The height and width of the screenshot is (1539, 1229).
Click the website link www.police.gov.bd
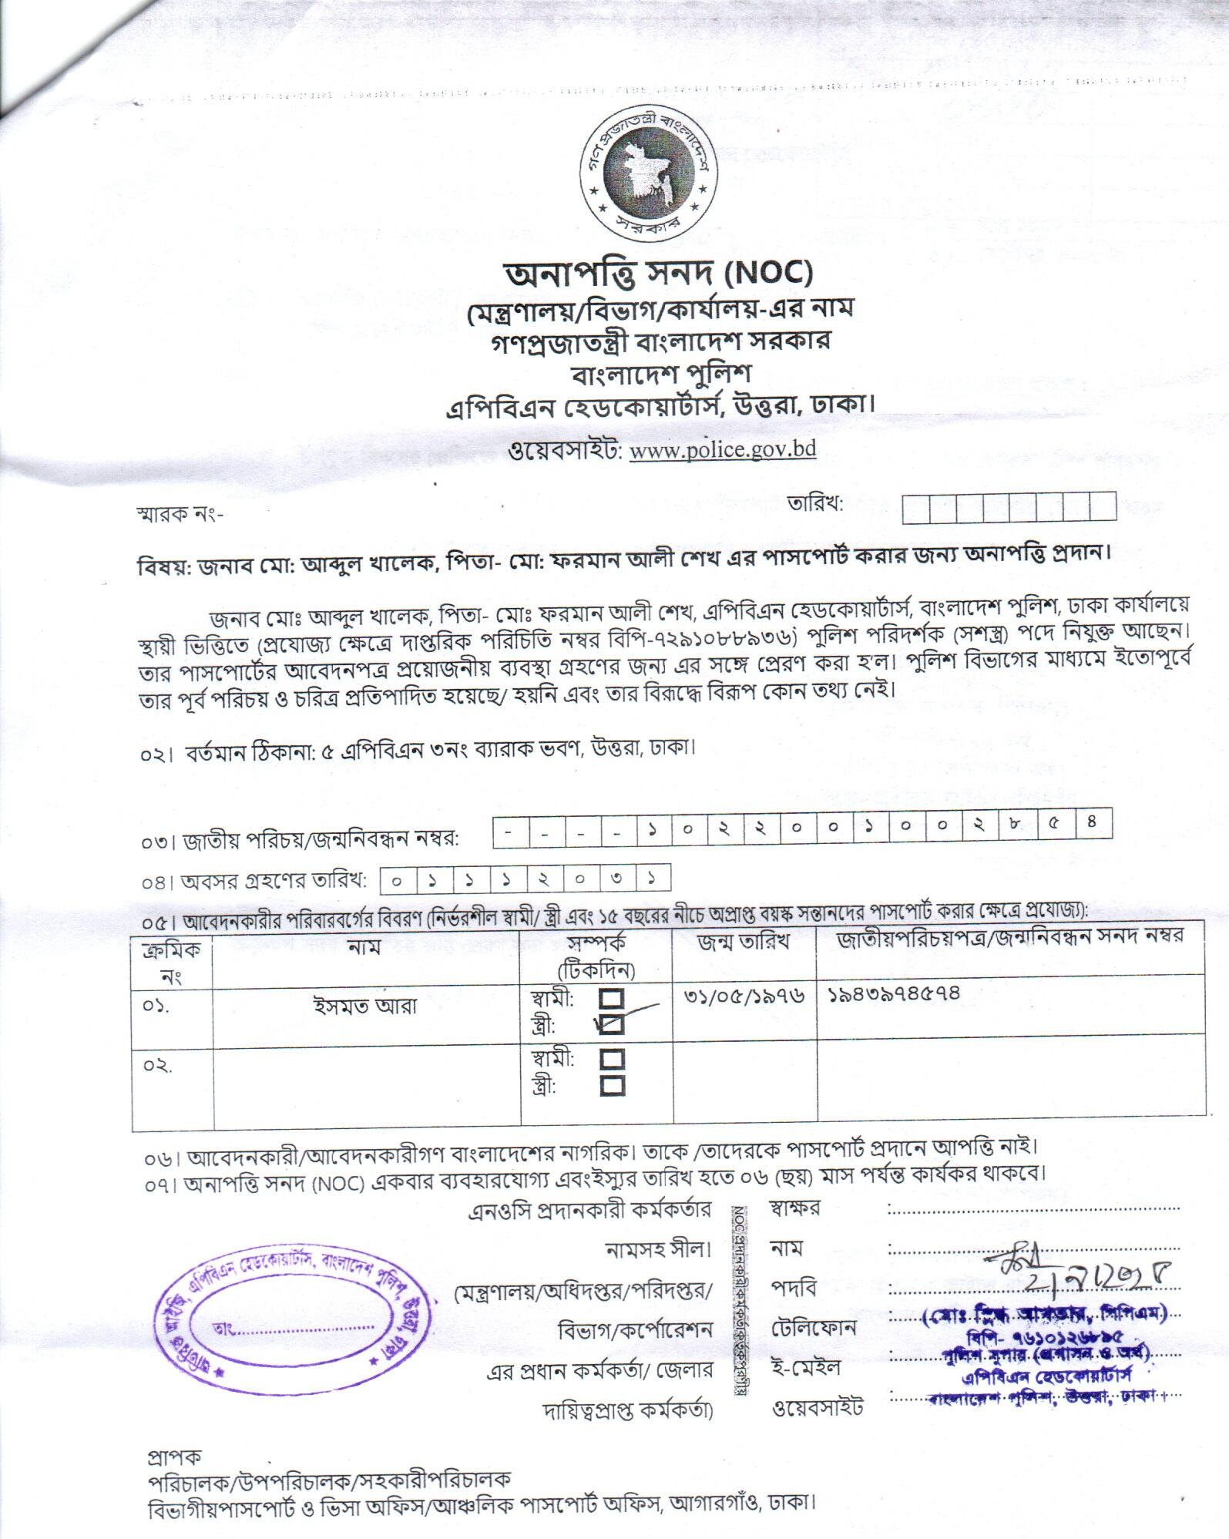tap(722, 450)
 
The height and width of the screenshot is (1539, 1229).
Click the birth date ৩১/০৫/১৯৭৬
tap(744, 996)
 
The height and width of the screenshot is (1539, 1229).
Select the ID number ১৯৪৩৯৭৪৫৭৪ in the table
tap(895, 994)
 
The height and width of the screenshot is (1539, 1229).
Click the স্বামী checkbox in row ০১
tap(612, 1000)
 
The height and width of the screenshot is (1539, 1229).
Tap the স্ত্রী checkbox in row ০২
tap(612, 1086)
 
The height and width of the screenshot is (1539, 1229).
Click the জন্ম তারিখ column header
tap(744, 942)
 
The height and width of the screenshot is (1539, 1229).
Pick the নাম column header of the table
tap(364, 947)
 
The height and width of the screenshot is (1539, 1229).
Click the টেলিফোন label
tap(813, 1329)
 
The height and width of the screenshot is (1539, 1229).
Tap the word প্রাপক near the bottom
tap(174, 1457)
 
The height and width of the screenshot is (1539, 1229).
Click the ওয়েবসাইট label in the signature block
tap(818, 1407)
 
